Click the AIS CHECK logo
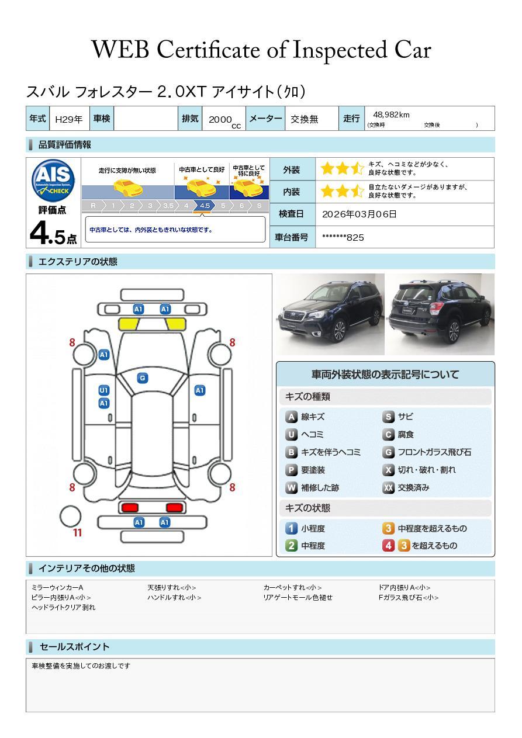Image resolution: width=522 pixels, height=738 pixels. tap(53, 181)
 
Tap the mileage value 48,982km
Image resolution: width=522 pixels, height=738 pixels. tap(391, 115)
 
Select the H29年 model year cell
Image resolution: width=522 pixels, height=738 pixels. tap(69, 119)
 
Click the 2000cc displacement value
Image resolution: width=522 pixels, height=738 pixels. tap(224, 121)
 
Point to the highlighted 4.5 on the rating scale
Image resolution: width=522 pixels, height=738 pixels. tap(205, 206)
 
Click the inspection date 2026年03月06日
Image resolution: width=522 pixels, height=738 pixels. tap(359, 214)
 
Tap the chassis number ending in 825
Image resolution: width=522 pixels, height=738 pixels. tap(343, 238)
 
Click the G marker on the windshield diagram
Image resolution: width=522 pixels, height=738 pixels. tap(143, 378)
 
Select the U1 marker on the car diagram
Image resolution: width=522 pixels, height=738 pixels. tap(104, 390)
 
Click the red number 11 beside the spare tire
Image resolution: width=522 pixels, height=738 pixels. tap(77, 532)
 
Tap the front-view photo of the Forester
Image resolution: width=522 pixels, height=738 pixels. tap(330, 314)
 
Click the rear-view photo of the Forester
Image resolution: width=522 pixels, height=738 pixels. tap(440, 314)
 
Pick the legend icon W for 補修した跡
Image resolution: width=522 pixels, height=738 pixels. tap(291, 487)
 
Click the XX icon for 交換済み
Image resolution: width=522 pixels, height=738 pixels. tap(388, 487)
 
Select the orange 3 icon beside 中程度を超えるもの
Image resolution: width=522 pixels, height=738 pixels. tap(388, 528)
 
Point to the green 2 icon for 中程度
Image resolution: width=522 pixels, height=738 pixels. tap(291, 546)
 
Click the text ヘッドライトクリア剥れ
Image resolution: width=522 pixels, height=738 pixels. tap(63, 607)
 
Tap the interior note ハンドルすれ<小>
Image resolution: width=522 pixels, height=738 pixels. tap(174, 597)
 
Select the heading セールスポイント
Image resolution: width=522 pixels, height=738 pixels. tap(74, 647)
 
